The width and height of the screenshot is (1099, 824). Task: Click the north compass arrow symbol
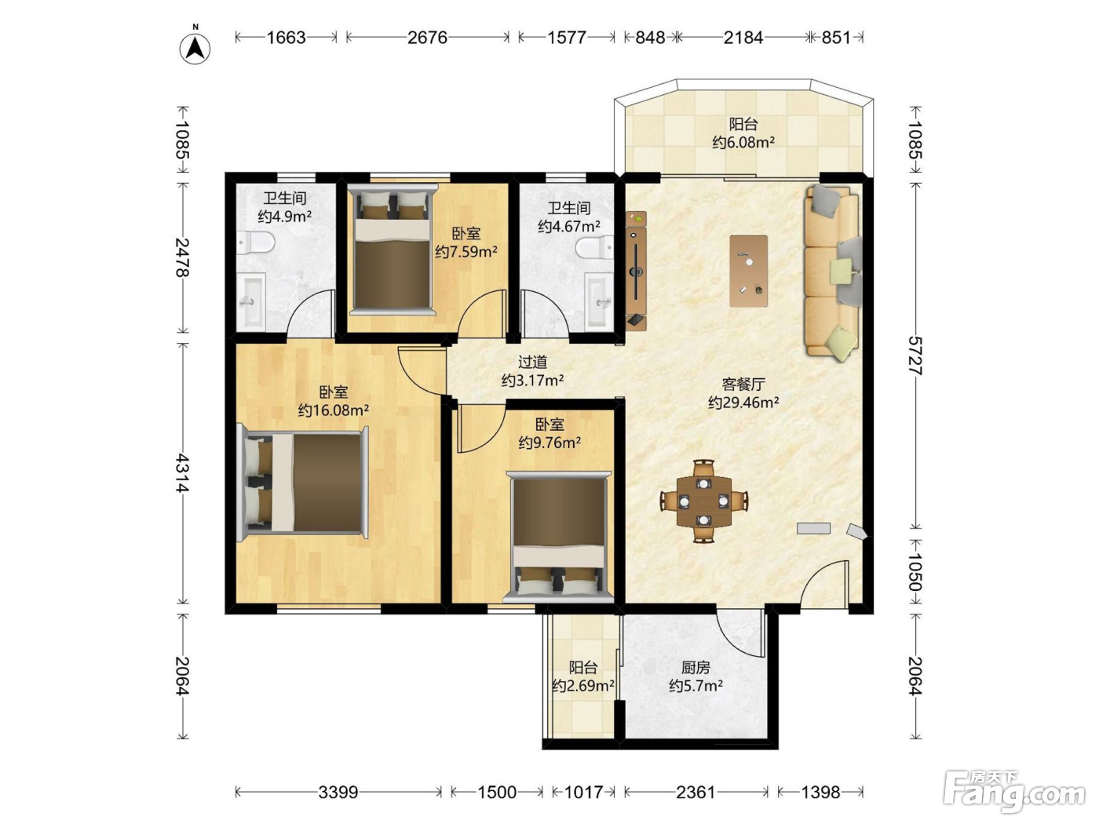(195, 49)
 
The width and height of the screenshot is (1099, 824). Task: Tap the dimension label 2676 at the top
(427, 38)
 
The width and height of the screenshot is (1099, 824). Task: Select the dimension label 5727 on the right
(916, 355)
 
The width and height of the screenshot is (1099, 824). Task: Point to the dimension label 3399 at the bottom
(338, 793)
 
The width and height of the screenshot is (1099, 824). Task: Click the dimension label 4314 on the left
(183, 472)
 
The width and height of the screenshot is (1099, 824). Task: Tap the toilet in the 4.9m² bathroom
(256, 243)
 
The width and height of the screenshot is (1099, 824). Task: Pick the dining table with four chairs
(704, 501)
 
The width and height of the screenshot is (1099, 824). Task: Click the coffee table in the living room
(749, 271)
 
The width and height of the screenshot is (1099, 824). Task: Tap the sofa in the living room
(832, 272)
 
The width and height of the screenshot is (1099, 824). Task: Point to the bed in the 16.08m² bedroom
(302, 483)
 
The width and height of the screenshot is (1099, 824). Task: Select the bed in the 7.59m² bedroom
(392, 249)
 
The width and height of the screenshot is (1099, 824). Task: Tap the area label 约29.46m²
(743, 403)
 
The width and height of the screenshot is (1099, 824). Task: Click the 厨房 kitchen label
(696, 667)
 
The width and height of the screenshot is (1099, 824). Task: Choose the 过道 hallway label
(532, 361)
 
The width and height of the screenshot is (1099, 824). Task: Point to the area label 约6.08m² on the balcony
(743, 143)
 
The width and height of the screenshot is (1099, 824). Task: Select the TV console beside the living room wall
(636, 271)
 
